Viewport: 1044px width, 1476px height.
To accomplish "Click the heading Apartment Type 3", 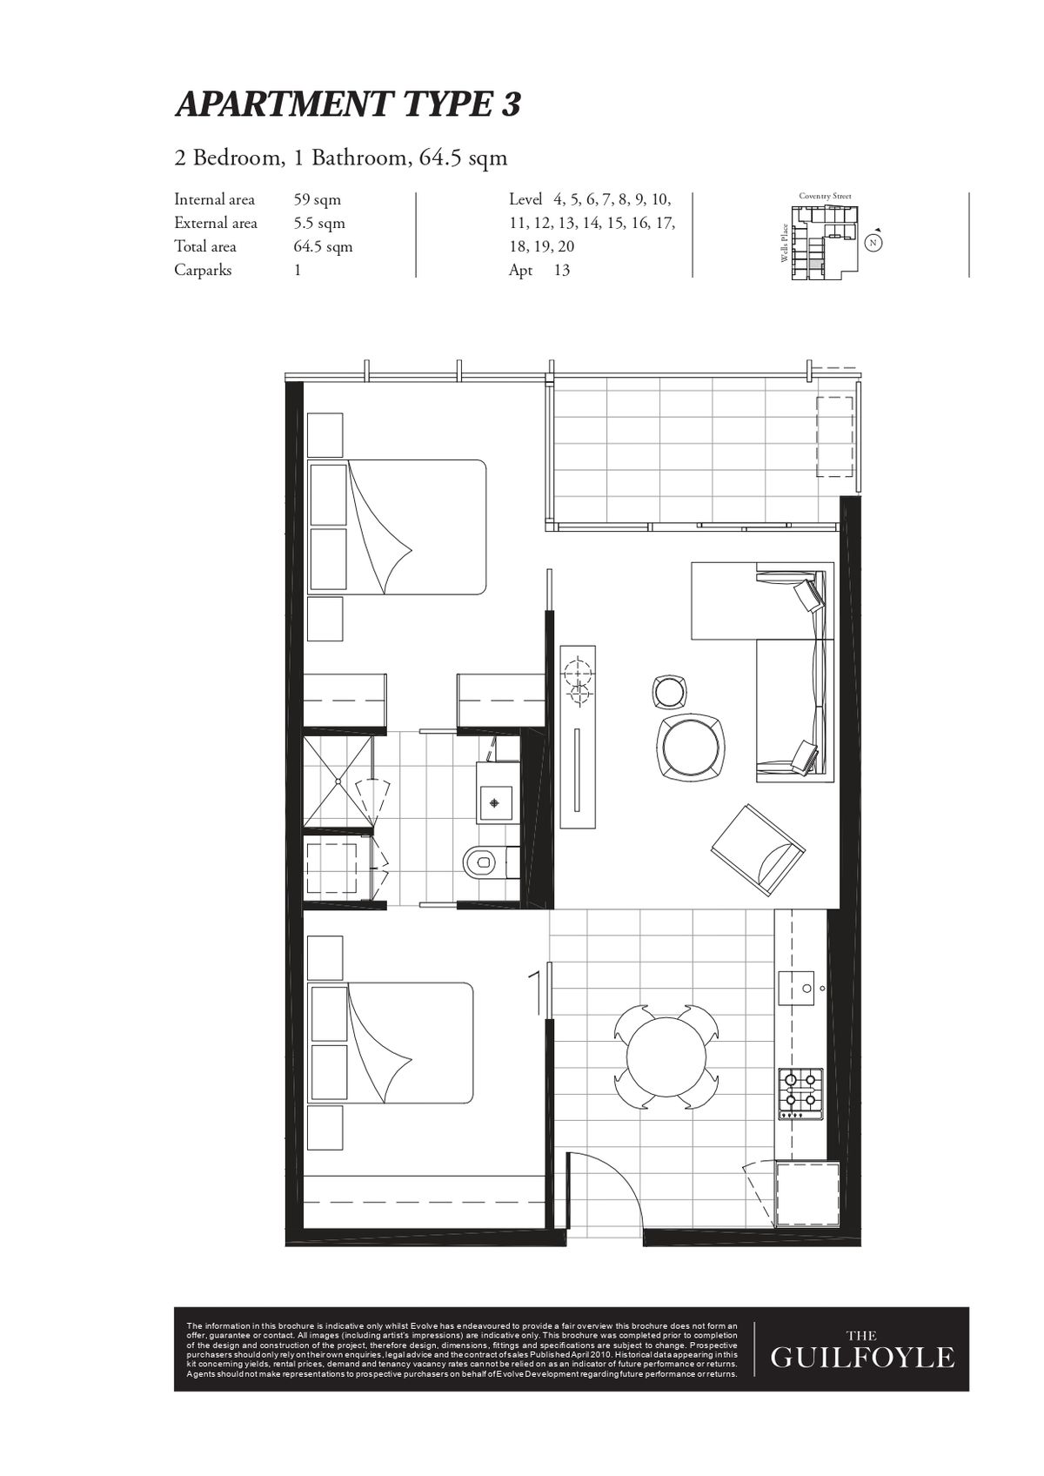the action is pos(348,105).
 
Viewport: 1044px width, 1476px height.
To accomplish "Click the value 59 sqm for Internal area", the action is pos(318,199).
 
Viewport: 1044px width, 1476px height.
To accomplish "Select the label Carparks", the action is pos(203,270).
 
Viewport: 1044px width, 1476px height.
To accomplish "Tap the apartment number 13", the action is pos(562,270).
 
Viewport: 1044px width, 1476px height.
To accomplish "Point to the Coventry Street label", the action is pos(825,196).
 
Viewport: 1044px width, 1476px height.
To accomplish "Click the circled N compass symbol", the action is pos(873,243).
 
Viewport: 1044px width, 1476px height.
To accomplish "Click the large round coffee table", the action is pos(691,748).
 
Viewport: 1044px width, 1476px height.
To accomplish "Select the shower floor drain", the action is pos(338,781).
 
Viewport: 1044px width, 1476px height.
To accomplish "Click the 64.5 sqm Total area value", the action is pos(324,247).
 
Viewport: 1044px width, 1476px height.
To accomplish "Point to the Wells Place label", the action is pos(784,243).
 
